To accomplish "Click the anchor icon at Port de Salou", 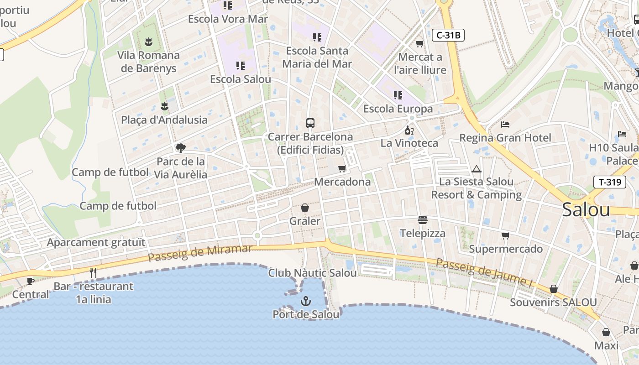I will click(x=306, y=301).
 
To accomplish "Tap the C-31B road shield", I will click(x=448, y=35).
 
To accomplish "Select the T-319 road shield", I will click(x=610, y=182).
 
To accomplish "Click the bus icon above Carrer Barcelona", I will click(x=310, y=123).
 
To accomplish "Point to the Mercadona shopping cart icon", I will click(x=342, y=168).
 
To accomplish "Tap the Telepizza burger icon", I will click(x=423, y=220).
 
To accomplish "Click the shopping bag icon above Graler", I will click(x=305, y=208).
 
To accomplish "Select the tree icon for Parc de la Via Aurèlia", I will click(x=181, y=148).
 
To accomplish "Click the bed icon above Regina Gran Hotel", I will click(x=505, y=124).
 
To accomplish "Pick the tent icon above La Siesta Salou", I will click(x=477, y=169).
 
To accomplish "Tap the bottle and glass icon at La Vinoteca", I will click(x=409, y=130).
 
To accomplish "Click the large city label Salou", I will click(x=586, y=209).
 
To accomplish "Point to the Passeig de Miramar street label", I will click(x=200, y=253).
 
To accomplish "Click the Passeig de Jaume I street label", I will click(x=484, y=272).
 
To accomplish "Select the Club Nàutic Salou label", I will click(x=312, y=273).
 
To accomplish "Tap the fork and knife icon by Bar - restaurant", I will click(x=93, y=273).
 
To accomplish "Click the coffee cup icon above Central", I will click(x=30, y=281).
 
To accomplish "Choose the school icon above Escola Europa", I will click(x=398, y=95).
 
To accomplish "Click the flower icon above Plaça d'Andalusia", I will click(x=164, y=106).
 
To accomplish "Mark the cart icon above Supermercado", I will click(x=505, y=235).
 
